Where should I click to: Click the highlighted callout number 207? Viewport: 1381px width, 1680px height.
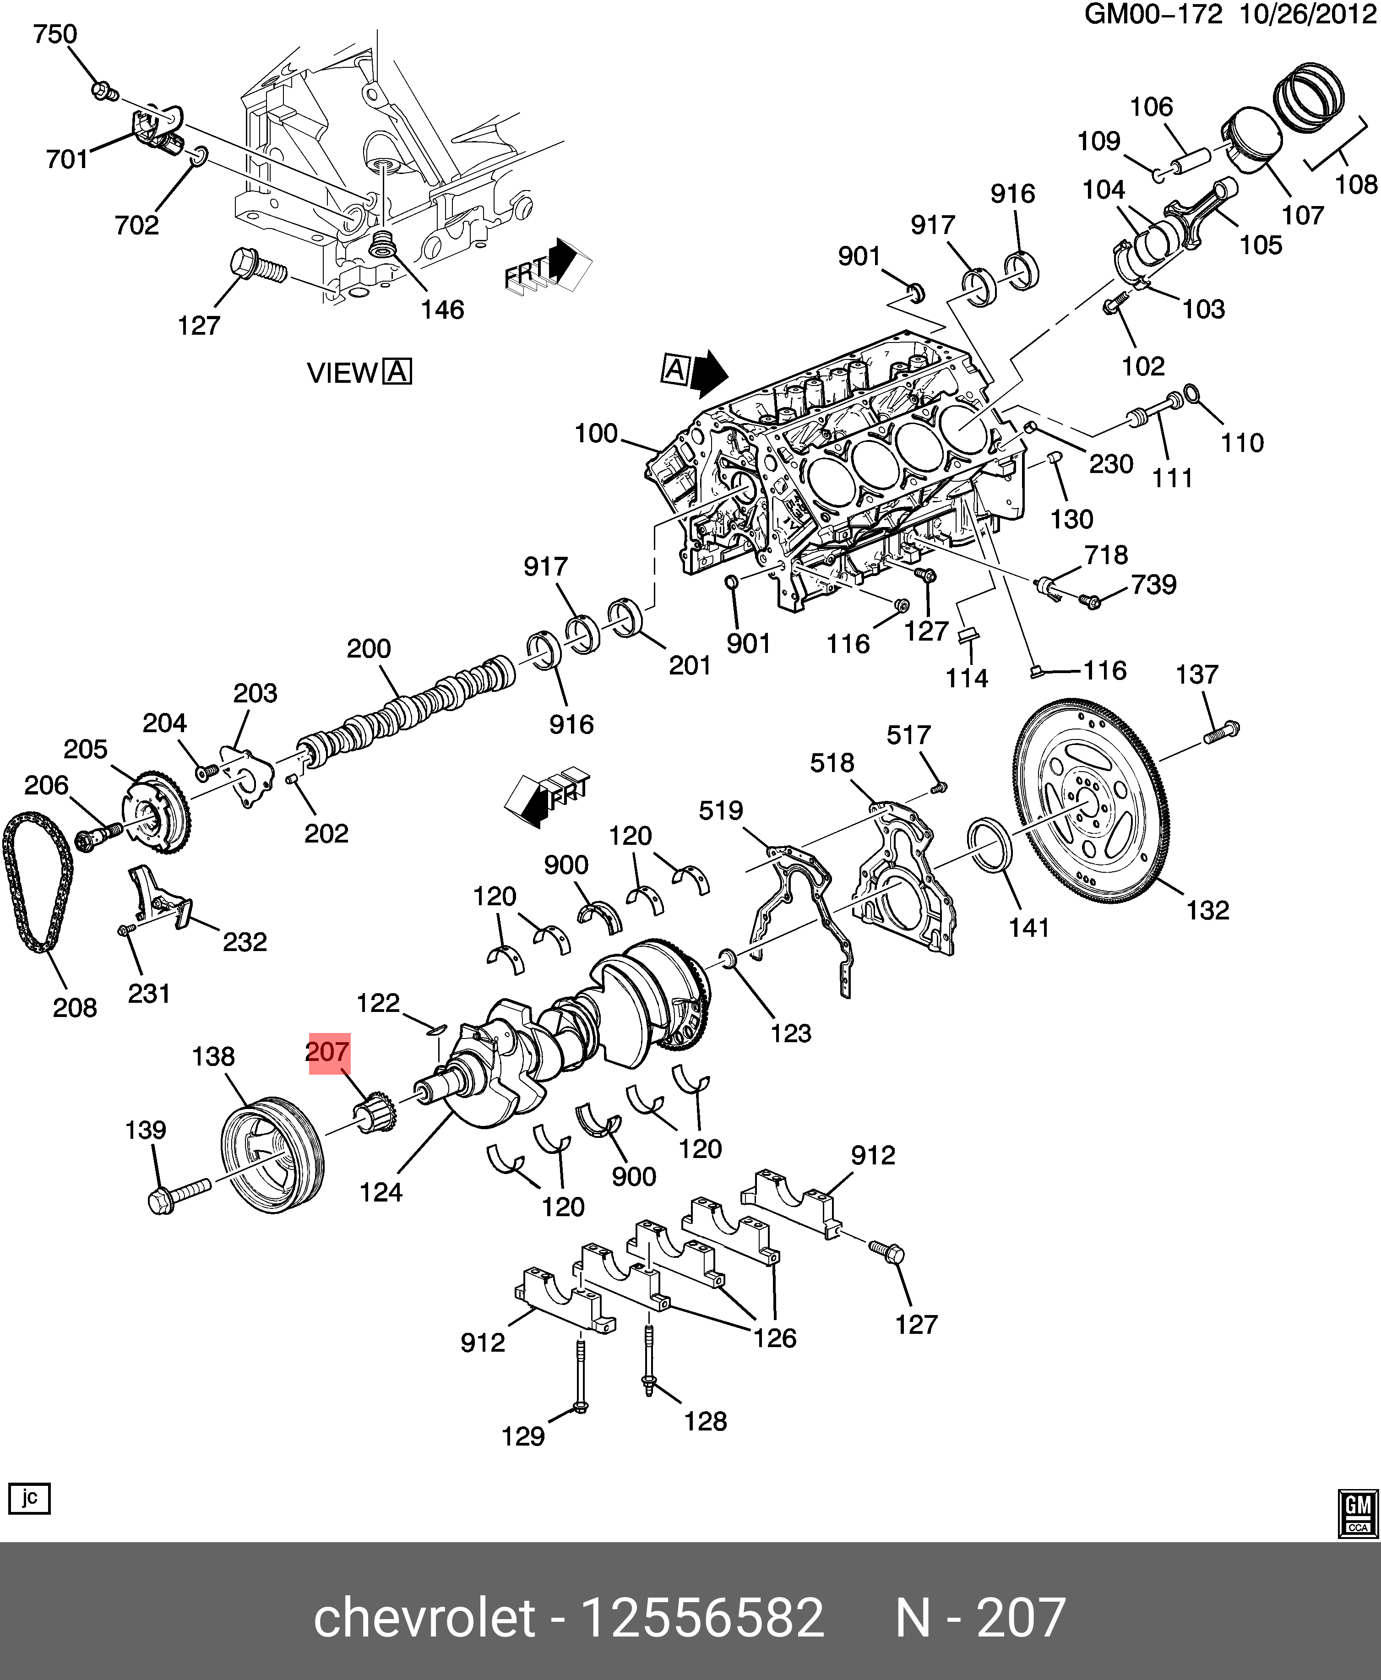coord(328,1052)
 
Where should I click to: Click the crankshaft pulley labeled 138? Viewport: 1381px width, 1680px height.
coord(271,1153)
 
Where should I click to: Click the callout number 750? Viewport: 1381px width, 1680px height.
coord(55,34)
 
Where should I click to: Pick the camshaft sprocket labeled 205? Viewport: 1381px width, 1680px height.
coord(156,811)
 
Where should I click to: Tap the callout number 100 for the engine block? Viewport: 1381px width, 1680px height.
coord(596,434)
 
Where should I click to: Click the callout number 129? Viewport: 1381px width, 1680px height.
coord(522,1436)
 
